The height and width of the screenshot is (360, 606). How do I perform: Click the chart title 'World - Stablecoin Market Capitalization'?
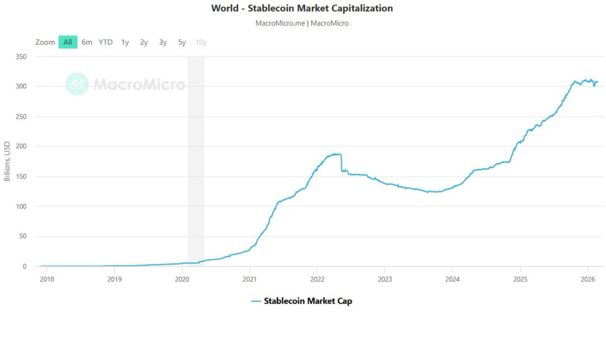(x=302, y=8)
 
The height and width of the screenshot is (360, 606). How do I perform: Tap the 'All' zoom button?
(x=68, y=42)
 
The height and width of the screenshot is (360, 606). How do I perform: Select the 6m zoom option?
(x=87, y=42)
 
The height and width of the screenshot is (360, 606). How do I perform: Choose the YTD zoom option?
(x=105, y=42)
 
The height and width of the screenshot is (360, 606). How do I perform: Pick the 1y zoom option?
(x=125, y=42)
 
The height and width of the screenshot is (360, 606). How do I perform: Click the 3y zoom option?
(x=163, y=42)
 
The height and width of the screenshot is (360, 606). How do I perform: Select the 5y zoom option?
(x=182, y=42)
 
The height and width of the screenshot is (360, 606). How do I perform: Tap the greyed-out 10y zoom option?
(x=201, y=42)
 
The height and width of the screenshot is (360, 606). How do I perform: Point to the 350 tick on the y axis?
(x=21, y=56)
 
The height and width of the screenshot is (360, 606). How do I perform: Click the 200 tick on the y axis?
(x=21, y=146)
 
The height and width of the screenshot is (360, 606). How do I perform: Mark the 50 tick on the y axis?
(x=23, y=236)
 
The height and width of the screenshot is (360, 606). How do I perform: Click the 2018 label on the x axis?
(x=47, y=278)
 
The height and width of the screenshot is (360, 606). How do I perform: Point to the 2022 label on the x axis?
(x=317, y=278)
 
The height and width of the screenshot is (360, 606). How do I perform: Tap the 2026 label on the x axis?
(x=588, y=278)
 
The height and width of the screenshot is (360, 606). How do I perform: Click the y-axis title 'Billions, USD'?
(x=7, y=162)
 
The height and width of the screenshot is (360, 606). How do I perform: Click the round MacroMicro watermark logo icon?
(x=77, y=84)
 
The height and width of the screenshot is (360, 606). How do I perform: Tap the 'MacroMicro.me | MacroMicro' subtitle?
(x=302, y=23)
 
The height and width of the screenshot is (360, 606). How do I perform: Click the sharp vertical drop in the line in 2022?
(x=341, y=163)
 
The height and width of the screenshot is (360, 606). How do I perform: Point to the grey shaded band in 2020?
(x=196, y=160)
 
